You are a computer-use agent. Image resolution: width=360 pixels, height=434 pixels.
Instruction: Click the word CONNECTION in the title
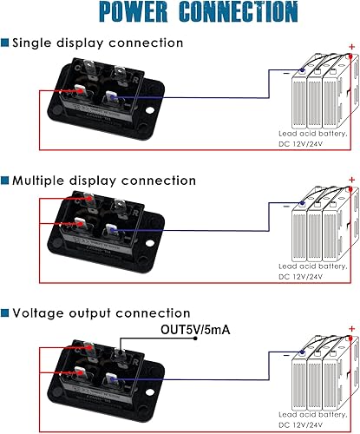click(x=238, y=12)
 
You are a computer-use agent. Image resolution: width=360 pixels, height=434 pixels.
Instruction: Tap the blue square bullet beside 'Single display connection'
click(x=5, y=43)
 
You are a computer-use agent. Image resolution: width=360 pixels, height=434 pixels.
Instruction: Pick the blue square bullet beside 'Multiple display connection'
click(x=5, y=181)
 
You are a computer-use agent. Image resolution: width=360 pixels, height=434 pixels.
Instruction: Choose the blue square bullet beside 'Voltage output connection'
click(x=5, y=312)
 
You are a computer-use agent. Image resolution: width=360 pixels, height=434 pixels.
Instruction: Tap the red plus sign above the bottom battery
click(x=350, y=327)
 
